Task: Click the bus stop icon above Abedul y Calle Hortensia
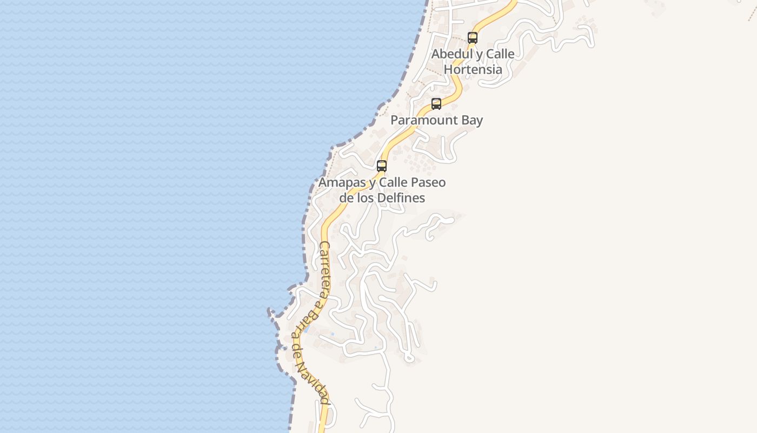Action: (x=473, y=37)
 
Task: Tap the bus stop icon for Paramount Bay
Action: (x=436, y=103)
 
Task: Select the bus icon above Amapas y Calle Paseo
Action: (x=382, y=166)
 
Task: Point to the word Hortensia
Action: (x=473, y=70)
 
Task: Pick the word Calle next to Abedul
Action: (x=500, y=54)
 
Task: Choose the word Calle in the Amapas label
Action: (x=393, y=182)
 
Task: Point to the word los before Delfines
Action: (x=367, y=198)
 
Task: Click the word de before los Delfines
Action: (x=347, y=198)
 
